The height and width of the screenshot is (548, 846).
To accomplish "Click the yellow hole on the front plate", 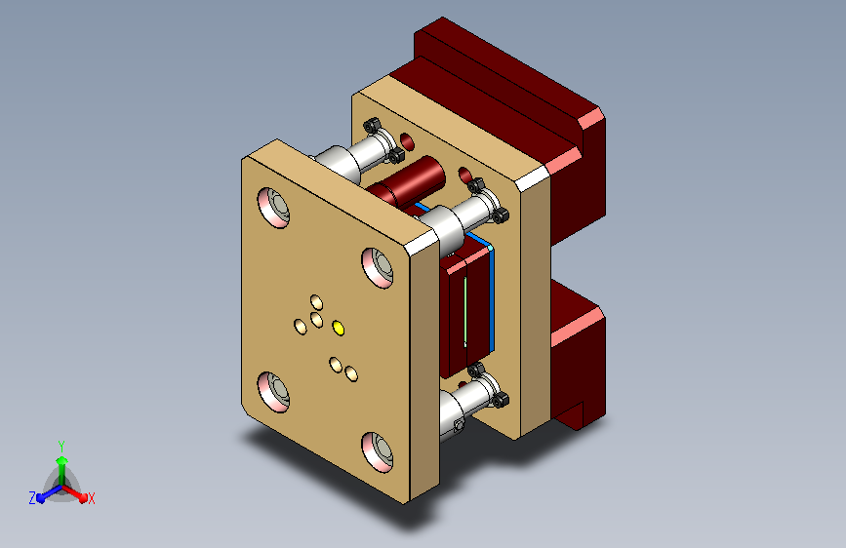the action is pyautogui.click(x=339, y=328).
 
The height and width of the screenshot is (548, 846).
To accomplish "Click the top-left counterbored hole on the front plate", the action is pyautogui.click(x=273, y=207).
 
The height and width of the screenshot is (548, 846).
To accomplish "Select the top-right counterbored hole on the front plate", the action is pyautogui.click(x=378, y=267).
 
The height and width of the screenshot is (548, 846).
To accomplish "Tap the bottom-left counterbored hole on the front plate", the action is pyautogui.click(x=273, y=392).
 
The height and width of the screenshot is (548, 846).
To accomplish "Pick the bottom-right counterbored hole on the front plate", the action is pyautogui.click(x=378, y=452).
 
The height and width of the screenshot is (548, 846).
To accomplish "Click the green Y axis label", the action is pyautogui.click(x=61, y=447).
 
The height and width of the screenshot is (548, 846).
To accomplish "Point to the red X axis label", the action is pyautogui.click(x=91, y=498).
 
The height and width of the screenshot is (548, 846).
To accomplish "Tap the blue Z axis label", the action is pyautogui.click(x=32, y=498).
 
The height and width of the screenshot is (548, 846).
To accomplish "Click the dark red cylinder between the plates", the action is pyautogui.click(x=406, y=180).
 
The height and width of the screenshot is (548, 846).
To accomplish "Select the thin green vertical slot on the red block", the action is pyautogui.click(x=465, y=311).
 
